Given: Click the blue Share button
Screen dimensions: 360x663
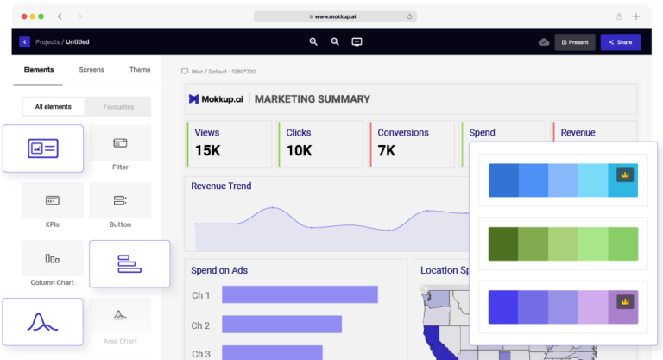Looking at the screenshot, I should tap(621, 41).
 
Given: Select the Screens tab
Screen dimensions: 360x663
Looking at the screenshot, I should tap(92, 70).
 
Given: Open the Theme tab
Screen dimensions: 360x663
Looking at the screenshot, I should tap(140, 70).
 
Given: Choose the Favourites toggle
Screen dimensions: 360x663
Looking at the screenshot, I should tap(118, 107).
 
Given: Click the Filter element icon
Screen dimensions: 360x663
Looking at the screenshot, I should tap(120, 143).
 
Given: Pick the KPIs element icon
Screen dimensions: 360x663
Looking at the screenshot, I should tap(53, 200).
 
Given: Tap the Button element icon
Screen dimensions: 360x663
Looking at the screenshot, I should tap(120, 200).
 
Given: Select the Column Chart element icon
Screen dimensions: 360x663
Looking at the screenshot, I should tap(53, 257).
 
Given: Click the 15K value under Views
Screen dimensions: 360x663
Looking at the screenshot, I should tap(209, 150).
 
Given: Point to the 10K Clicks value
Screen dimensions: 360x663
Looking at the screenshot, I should tap(300, 150).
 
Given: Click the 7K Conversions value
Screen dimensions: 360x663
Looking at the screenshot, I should tap(387, 150).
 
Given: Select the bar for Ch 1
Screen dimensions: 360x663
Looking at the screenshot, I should tap(300, 294).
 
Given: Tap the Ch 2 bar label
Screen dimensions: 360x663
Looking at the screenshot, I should tap(200, 325).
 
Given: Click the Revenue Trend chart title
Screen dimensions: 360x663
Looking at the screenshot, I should tap(221, 186).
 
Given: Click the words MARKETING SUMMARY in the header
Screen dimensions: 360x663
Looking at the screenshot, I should tap(313, 99).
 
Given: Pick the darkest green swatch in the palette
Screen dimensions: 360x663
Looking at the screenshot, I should tap(502, 243).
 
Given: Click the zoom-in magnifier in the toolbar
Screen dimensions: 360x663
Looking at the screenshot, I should tap(313, 41).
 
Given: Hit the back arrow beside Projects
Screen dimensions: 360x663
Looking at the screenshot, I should tap(25, 41).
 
